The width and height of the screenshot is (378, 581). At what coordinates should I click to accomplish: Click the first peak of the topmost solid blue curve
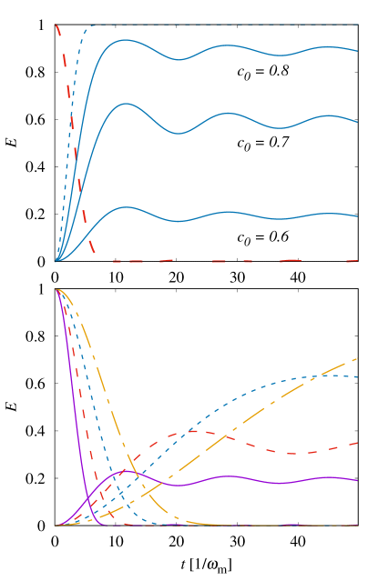[x=125, y=40]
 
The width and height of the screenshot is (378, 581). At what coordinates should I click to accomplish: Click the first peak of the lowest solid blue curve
[x=128, y=208]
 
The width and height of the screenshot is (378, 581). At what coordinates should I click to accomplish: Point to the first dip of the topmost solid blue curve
[x=179, y=60]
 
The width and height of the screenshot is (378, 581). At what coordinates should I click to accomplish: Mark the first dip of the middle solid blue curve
[x=179, y=134]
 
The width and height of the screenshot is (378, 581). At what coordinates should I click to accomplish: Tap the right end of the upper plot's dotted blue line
[x=358, y=25]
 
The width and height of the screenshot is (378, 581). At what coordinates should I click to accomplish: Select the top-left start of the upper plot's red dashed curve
[x=56, y=25]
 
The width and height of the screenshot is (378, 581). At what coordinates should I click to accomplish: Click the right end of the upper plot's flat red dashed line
[x=358, y=261]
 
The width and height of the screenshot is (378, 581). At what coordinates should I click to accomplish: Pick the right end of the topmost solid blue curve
[x=358, y=51]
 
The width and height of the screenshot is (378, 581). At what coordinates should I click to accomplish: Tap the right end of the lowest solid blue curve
[x=358, y=216]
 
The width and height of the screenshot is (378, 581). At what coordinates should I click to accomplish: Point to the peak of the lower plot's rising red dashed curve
[x=196, y=430]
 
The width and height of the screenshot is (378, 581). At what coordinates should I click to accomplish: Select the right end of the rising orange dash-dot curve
[x=358, y=358]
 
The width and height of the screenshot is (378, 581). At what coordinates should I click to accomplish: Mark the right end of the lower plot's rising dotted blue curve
[x=358, y=376]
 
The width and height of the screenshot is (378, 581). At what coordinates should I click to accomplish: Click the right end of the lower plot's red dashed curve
[x=358, y=443]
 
